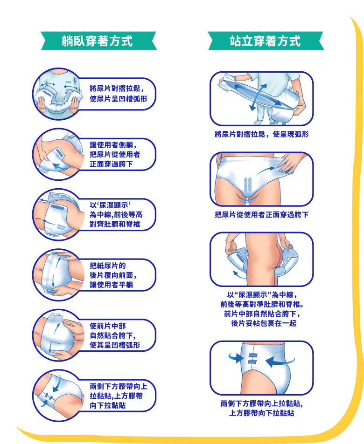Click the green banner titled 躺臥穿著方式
pos(98,41)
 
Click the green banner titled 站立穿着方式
pos(266,41)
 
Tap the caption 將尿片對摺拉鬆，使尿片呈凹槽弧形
pos(119,94)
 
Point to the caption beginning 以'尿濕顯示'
pos(116,215)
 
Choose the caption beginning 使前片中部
pos(115,335)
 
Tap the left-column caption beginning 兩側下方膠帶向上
pos(119,396)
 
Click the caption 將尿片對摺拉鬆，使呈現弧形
pos(262,134)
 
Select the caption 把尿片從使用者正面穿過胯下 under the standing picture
pos(262,215)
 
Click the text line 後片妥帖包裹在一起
pos(264,323)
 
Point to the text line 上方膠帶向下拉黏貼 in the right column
pos(262,413)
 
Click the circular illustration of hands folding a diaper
pos(58,94)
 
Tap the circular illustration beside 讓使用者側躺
pos(58,154)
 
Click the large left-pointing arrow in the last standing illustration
pos(280,362)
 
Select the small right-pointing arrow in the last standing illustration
pos(236,358)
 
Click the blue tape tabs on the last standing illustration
pos(252,359)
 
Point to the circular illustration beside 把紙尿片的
pos(58,275)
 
